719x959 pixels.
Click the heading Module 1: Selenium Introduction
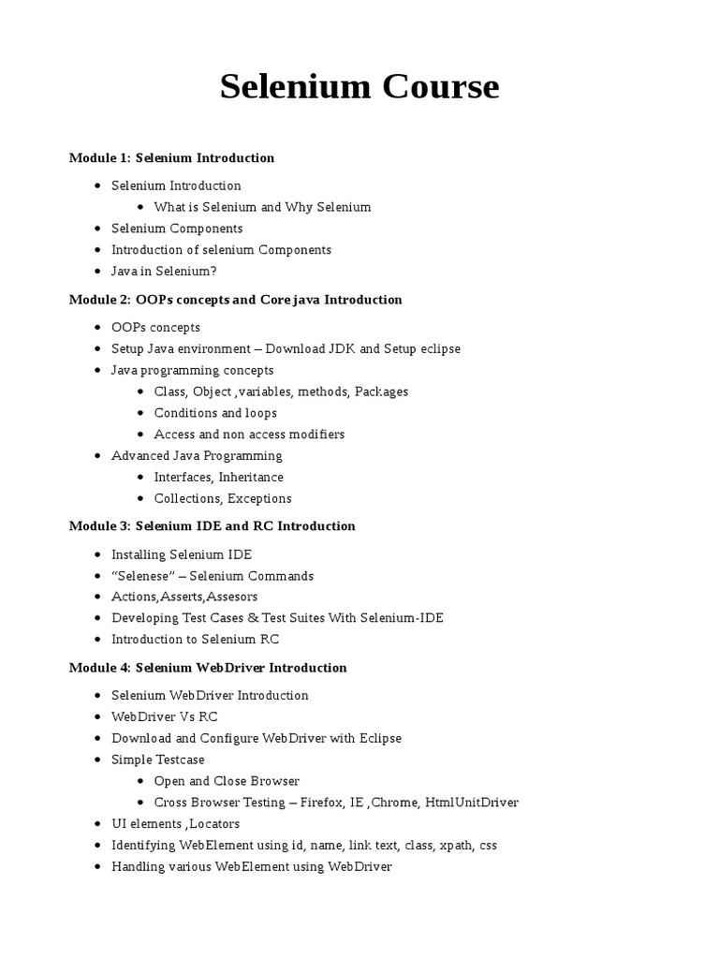tap(171, 157)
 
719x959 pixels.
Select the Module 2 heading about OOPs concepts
tap(235, 300)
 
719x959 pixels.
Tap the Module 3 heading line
tap(212, 525)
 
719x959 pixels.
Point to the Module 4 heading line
tap(208, 668)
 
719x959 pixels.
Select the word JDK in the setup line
tap(342, 348)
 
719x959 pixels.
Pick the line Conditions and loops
tap(215, 413)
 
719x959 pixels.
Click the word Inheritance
tap(251, 477)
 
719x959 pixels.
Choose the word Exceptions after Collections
tap(259, 498)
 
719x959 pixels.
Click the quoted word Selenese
tap(143, 576)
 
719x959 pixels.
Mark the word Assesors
tap(232, 597)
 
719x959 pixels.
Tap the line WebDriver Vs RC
tap(164, 716)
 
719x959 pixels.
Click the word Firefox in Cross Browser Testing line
tap(322, 802)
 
